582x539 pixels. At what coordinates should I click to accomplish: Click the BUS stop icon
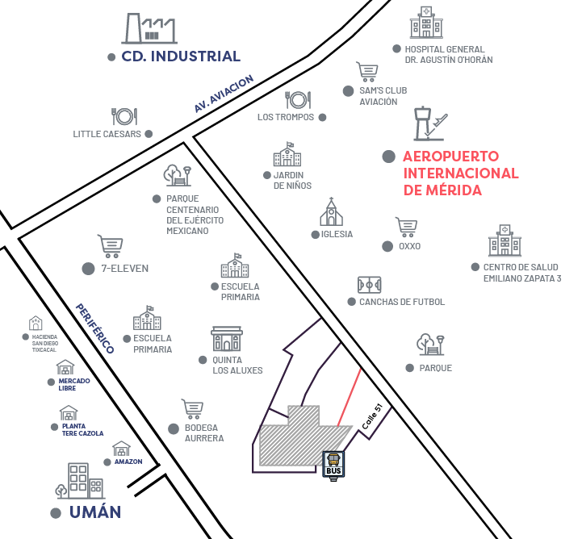coord(333,465)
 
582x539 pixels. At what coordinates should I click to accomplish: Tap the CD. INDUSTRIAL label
coord(181,56)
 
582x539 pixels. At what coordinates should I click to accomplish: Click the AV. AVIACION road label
coord(224,94)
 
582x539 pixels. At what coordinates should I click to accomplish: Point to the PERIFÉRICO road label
coord(94,328)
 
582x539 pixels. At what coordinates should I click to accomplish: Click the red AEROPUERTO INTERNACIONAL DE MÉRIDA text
coord(460,173)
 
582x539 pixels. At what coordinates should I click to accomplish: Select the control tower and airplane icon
coord(428,123)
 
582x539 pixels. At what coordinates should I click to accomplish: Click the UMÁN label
coord(94,512)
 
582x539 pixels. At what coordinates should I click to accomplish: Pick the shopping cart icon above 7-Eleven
coord(110,245)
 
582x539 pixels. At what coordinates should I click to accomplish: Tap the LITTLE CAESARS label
coord(107,134)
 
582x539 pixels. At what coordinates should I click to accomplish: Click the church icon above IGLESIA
coord(330,212)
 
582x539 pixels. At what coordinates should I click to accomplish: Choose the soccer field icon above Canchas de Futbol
coord(370,285)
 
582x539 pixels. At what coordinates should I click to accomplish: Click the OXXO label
coord(409,246)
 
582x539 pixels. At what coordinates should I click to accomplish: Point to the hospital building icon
coord(426,22)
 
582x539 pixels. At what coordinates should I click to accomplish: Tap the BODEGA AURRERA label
coord(203,432)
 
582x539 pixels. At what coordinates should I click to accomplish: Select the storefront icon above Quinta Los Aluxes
coord(227,339)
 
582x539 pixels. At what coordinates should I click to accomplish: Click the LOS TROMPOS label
coord(287,117)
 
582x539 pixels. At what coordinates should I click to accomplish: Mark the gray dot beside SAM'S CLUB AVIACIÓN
coord(348,91)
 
